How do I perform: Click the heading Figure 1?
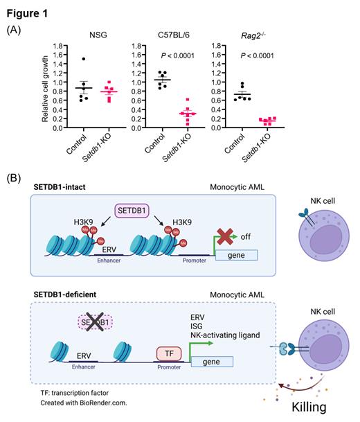coord(26,10)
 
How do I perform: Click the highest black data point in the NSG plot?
coord(84,60)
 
